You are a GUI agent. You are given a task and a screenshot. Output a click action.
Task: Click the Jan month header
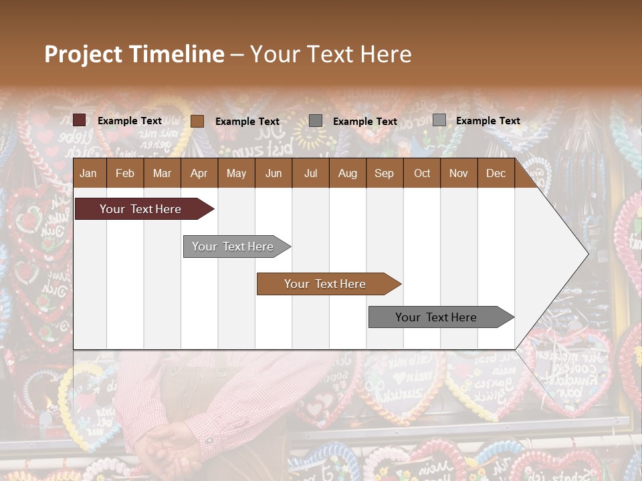pyautogui.click(x=88, y=173)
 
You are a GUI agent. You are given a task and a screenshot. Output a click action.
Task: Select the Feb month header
pyautogui.click(x=125, y=173)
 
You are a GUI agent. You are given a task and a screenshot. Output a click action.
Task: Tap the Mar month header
pyautogui.click(x=162, y=173)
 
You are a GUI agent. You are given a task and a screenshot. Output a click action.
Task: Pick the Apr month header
pyautogui.click(x=199, y=173)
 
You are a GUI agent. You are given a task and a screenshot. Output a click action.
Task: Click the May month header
pyautogui.click(x=236, y=173)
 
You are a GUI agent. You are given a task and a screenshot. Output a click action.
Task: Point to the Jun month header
pyautogui.click(x=274, y=173)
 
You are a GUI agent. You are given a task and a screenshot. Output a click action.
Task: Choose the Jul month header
pyautogui.click(x=310, y=173)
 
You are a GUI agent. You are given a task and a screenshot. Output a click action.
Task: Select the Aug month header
pyautogui.click(x=347, y=173)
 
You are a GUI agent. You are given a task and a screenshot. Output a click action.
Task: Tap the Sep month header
pyautogui.click(x=384, y=173)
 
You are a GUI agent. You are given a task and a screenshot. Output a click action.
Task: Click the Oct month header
pyautogui.click(x=422, y=173)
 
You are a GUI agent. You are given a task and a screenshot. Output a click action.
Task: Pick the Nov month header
pyautogui.click(x=459, y=173)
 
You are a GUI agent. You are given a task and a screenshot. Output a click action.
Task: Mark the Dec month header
pyautogui.click(x=496, y=173)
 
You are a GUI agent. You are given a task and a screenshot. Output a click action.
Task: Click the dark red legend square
pyautogui.click(x=79, y=120)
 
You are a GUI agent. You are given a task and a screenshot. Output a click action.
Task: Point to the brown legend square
pyautogui.click(x=197, y=121)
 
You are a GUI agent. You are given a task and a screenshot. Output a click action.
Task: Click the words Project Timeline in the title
pyautogui.click(x=134, y=54)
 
